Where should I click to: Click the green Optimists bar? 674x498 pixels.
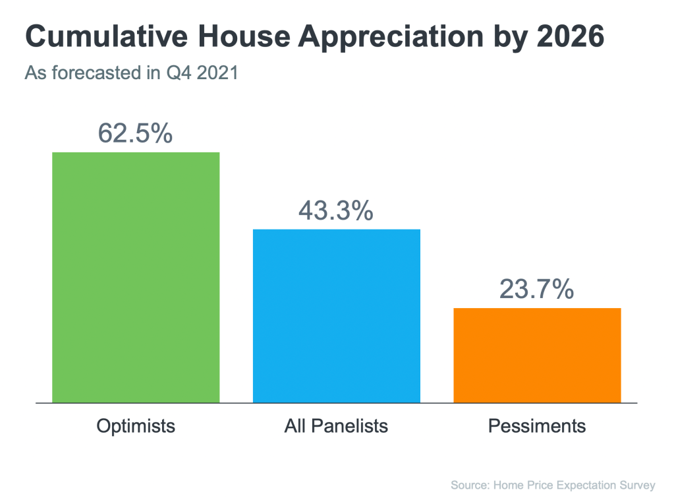[x=136, y=277]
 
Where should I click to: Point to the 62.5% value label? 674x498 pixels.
[x=135, y=133]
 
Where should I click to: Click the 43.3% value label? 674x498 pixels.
[x=336, y=210]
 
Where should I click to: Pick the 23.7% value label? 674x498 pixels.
[x=536, y=289]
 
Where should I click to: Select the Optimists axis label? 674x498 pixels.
[x=136, y=426]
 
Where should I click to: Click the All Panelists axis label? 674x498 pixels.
[x=336, y=426]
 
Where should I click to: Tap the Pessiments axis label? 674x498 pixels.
[x=537, y=426]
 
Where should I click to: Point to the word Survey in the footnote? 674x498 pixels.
[x=638, y=485]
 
